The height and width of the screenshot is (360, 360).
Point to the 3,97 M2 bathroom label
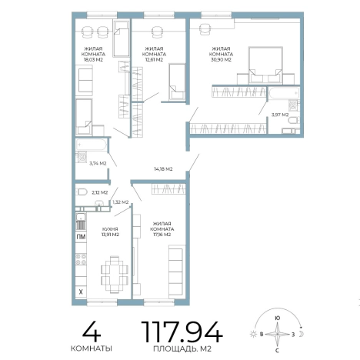[280, 115]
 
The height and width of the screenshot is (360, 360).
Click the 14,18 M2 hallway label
[163, 169]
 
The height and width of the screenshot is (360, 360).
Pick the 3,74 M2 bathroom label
[98, 163]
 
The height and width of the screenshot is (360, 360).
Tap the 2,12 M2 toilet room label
[100, 192]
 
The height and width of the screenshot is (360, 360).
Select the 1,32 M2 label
[121, 202]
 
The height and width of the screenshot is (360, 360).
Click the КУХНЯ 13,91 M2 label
[110, 232]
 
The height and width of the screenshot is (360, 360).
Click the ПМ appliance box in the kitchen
[81, 237]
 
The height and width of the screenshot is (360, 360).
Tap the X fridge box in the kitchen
[81, 292]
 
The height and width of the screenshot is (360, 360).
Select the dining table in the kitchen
[115, 275]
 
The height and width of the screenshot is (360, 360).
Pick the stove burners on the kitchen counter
[81, 259]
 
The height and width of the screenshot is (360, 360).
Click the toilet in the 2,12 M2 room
[82, 192]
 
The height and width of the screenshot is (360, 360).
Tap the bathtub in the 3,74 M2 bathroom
[91, 145]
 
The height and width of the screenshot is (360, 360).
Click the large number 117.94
[182, 332]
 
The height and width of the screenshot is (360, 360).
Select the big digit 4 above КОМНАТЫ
[92, 332]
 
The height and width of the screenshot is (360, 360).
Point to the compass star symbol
[278, 334]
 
